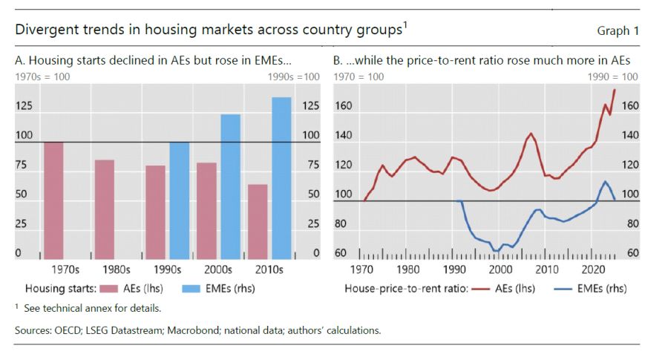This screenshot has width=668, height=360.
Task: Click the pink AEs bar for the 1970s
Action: click(53, 198)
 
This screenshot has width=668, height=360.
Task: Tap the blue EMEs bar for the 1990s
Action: click(180, 198)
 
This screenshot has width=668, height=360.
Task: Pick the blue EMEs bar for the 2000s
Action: click(231, 184)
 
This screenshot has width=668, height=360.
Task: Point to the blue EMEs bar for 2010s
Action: click(281, 176)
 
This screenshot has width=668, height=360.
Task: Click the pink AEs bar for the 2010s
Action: click(257, 219)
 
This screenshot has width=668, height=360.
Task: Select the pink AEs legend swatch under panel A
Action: click(110, 289)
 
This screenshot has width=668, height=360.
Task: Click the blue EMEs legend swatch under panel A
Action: click(187, 289)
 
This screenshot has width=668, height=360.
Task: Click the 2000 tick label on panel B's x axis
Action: click(502, 269)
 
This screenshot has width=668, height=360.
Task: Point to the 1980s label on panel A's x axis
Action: click(117, 269)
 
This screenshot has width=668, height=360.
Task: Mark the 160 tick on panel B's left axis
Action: click(343, 106)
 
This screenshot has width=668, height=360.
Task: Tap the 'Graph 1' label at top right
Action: click(618, 30)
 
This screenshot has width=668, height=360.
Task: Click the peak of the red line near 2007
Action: click(531, 134)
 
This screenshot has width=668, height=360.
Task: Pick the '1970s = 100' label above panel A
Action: click(38, 76)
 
